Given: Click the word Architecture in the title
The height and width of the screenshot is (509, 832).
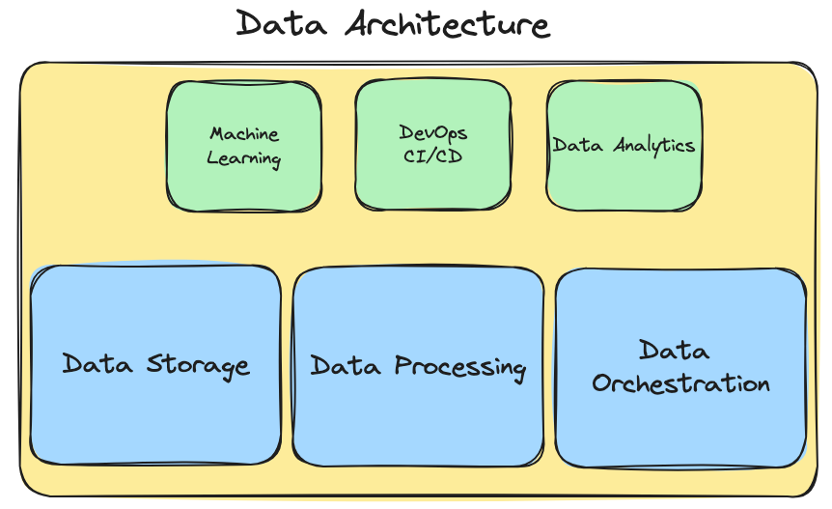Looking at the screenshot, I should tap(448, 24).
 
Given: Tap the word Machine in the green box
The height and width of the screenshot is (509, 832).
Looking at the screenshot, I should tap(244, 134).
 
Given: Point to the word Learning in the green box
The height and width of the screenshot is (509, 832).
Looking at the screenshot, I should tap(244, 158).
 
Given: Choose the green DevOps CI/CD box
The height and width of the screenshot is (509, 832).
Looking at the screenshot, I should tap(432, 184).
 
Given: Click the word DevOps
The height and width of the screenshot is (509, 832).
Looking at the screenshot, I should tap(432, 132).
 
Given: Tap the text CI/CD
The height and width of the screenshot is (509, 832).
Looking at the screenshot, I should tap(432, 156).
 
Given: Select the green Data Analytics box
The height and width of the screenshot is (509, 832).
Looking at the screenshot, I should tap(624, 184).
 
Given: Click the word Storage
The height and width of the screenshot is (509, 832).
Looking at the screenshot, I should tap(198, 365).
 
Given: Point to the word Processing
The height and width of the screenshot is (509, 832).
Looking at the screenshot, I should tap(460, 368).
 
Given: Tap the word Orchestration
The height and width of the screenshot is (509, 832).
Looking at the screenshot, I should tap(680, 383).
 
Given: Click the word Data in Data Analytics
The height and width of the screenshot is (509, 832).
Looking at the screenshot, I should tap(578, 145).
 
